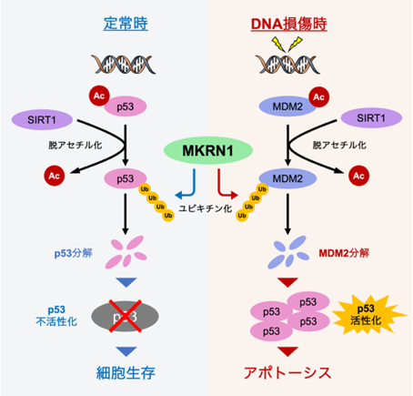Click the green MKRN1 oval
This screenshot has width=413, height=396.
pos(208,150)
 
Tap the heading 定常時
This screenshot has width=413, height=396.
pos(126,24)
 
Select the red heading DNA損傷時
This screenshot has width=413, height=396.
pos(289,24)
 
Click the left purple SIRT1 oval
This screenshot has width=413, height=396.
pos(42,120)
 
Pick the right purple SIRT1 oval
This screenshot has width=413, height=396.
pos(371,118)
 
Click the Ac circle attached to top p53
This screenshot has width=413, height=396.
pos(99,96)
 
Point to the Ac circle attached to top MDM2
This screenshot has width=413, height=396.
pos(318,97)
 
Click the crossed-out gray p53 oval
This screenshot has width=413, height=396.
pos(125,316)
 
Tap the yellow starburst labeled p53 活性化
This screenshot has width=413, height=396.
pos(368,314)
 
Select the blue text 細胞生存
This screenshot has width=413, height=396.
pos(126,372)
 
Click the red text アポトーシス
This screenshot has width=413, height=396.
pos(287,372)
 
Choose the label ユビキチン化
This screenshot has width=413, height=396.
pos(206,208)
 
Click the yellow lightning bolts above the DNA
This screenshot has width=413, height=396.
pos(287,45)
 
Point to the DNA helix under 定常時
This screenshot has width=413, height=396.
pos(124,65)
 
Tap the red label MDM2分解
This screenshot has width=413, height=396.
pos(344,253)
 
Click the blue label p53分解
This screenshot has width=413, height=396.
pos(74,253)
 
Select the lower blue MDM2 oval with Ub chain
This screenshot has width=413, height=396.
pos(287,178)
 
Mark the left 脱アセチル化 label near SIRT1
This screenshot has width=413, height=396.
pos(76,145)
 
